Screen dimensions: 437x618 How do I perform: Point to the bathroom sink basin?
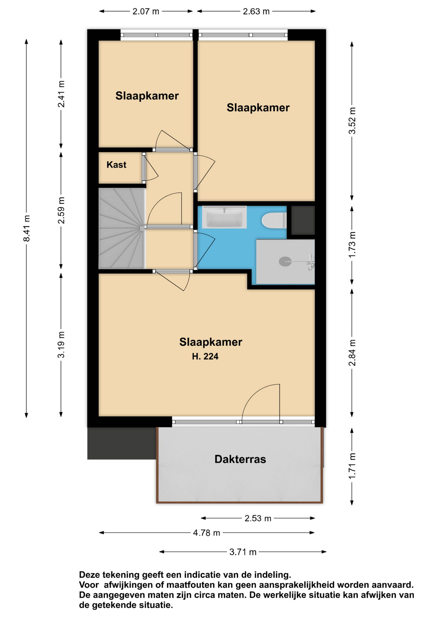click(224, 217)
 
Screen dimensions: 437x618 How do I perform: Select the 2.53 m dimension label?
click(258, 518)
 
